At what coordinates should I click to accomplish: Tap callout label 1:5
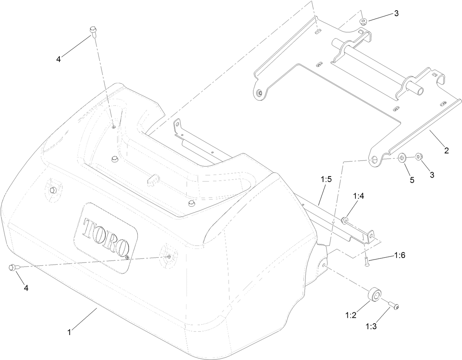click(x=326, y=179)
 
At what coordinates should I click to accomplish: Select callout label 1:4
click(x=358, y=196)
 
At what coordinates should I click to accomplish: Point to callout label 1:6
click(x=400, y=255)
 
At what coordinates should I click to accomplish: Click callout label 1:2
click(x=351, y=315)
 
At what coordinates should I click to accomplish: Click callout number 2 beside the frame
click(x=447, y=150)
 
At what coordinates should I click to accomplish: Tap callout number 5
click(x=412, y=180)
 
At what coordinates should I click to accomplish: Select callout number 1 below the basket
click(x=69, y=332)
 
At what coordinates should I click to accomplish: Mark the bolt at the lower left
click(x=14, y=268)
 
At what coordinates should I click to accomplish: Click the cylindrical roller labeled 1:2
click(x=374, y=294)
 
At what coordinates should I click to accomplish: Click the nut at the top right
click(x=363, y=21)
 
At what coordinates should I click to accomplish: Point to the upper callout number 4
click(x=58, y=59)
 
